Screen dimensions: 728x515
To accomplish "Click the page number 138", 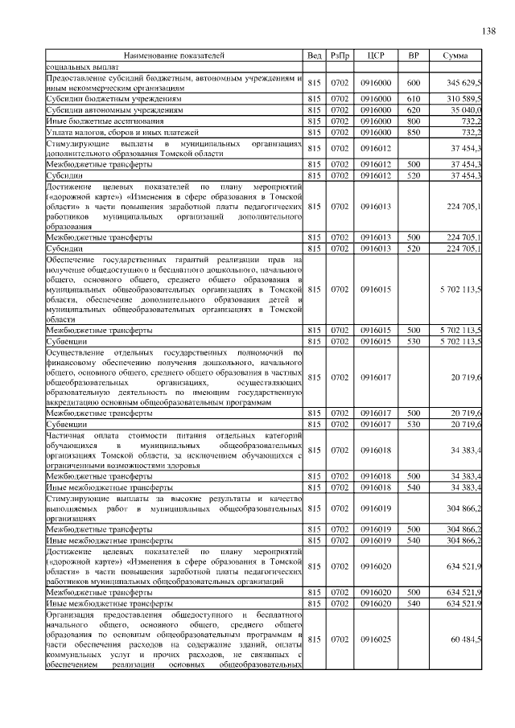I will (488, 31).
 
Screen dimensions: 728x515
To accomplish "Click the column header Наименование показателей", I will (174, 56).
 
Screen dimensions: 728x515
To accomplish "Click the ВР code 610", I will (414, 98).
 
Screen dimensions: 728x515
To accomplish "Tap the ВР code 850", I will (414, 132).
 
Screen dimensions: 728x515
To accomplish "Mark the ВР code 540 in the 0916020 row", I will (414, 603).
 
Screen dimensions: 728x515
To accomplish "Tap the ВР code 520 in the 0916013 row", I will (414, 249).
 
